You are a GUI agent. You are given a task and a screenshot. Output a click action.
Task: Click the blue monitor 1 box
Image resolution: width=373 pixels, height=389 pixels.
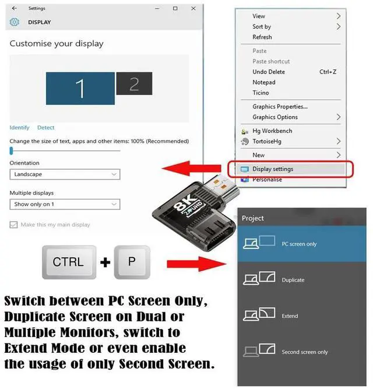pyautogui.click(x=80, y=88)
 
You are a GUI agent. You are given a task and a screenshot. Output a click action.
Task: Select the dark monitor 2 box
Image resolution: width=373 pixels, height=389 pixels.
pyautogui.click(x=134, y=83)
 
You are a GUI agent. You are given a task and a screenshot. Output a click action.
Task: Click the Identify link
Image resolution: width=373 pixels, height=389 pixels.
pyautogui.click(x=19, y=128)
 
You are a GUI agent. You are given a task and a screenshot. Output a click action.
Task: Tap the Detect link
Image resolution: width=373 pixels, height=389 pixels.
pyautogui.click(x=45, y=128)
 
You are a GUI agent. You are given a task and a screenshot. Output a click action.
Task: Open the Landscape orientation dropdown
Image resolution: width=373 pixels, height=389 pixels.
pyautogui.click(x=65, y=174)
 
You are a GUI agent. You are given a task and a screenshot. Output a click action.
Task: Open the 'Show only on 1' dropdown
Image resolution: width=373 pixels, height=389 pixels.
pyautogui.click(x=65, y=205)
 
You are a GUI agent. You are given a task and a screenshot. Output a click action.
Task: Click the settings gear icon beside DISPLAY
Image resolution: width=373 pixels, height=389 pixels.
pyautogui.click(x=15, y=23)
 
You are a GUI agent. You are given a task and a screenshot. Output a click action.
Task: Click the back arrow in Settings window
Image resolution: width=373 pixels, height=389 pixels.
pyautogui.click(x=14, y=9)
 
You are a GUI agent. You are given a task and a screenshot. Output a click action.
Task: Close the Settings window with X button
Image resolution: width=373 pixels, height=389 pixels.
pyautogui.click(x=192, y=9)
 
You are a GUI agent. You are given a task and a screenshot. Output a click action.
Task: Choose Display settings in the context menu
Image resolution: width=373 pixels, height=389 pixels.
pyautogui.click(x=273, y=169)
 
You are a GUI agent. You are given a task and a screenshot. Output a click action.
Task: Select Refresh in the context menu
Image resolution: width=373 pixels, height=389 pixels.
pyautogui.click(x=262, y=37)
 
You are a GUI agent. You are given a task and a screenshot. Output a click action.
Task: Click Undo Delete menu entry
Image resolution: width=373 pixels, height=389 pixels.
pyautogui.click(x=269, y=72)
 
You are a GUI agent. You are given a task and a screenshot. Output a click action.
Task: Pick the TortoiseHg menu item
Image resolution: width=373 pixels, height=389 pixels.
pyautogui.click(x=268, y=142)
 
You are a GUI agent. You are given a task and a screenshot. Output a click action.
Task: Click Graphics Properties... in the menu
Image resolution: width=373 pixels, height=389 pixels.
pyautogui.click(x=280, y=107)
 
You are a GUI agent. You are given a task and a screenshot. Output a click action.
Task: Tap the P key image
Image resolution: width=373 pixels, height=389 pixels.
pyautogui.click(x=131, y=262)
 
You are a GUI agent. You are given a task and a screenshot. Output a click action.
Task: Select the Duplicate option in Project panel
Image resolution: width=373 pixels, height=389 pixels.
pyautogui.click(x=293, y=280)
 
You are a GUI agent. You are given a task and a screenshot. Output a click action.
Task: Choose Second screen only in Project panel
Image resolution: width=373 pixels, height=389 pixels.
pyautogui.click(x=304, y=352)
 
